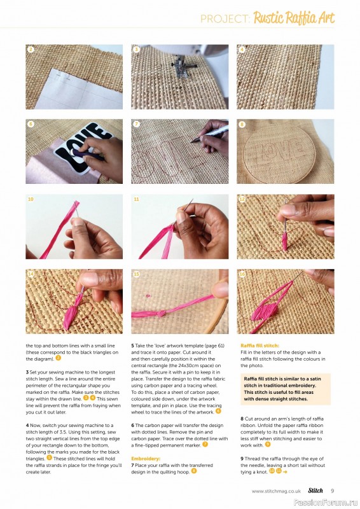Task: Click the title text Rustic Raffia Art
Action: [293, 18]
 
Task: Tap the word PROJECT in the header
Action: [225, 19]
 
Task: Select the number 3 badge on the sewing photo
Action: [136, 50]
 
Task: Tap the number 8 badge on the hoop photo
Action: [242, 125]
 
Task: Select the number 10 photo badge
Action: [31, 200]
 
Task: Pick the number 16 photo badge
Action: [242, 275]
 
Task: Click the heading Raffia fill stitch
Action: [264, 345]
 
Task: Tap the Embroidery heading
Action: [146, 457]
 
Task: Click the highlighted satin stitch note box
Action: [285, 389]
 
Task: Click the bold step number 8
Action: [242, 418]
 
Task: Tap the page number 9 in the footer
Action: [332, 491]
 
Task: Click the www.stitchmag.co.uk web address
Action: [276, 491]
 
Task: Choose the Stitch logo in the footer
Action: [315, 491]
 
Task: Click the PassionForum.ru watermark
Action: [331, 503]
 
